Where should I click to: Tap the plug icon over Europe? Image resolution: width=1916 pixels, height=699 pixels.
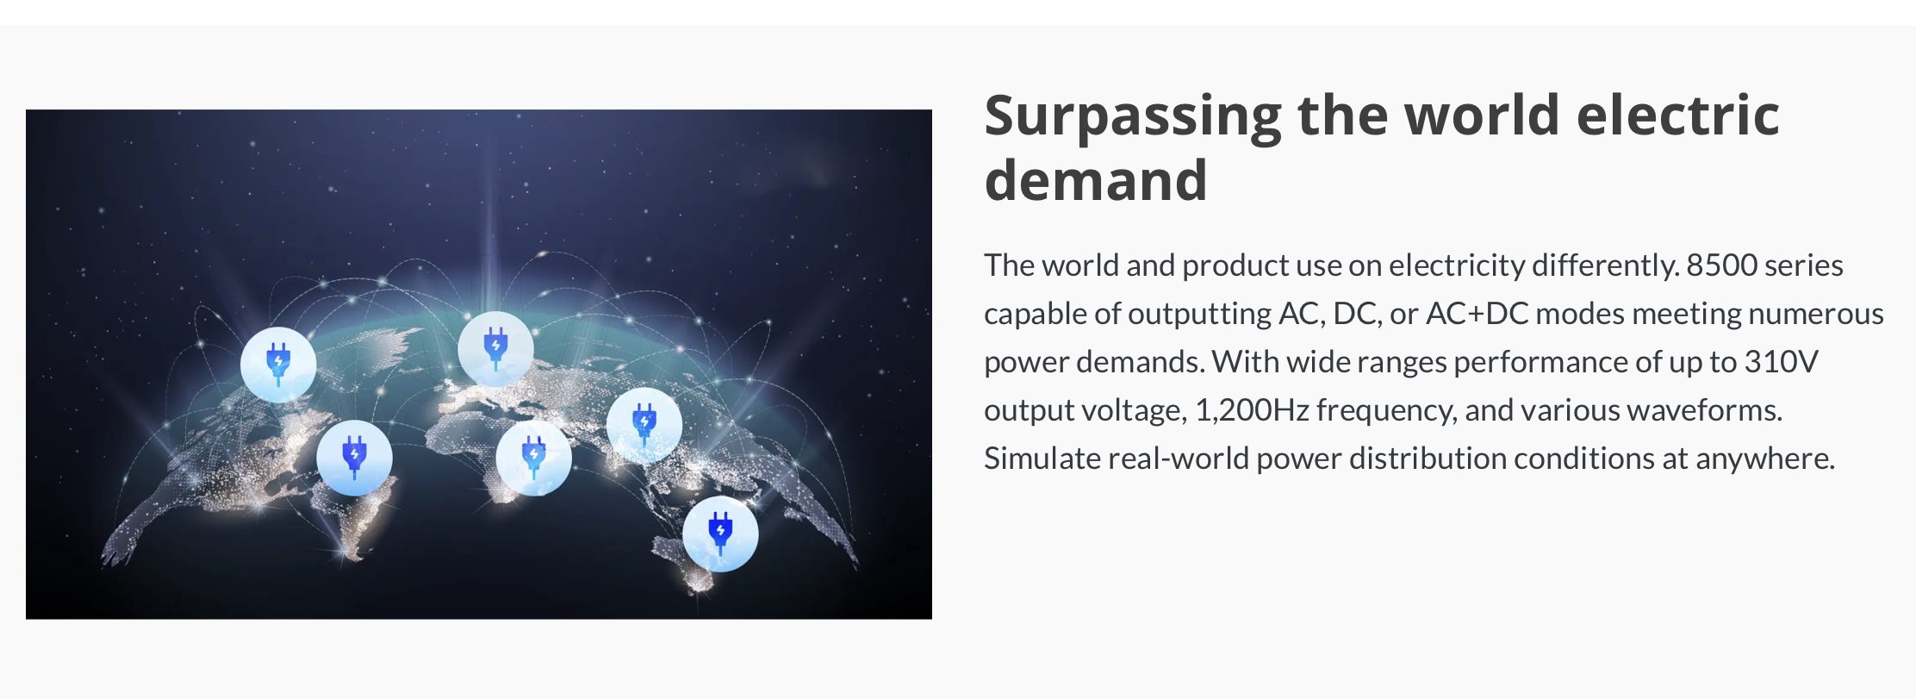pyautogui.click(x=495, y=348)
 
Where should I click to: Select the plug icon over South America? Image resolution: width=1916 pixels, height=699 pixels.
pyautogui.click(x=354, y=458)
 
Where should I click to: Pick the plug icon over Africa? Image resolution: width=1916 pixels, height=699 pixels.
pyautogui.click(x=533, y=458)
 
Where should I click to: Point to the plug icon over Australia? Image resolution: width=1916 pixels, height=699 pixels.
pyautogui.click(x=720, y=534)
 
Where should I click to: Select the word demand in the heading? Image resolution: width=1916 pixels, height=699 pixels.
pyautogui.click(x=1096, y=179)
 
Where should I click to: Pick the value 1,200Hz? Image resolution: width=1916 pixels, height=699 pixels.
pyautogui.click(x=1252, y=411)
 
